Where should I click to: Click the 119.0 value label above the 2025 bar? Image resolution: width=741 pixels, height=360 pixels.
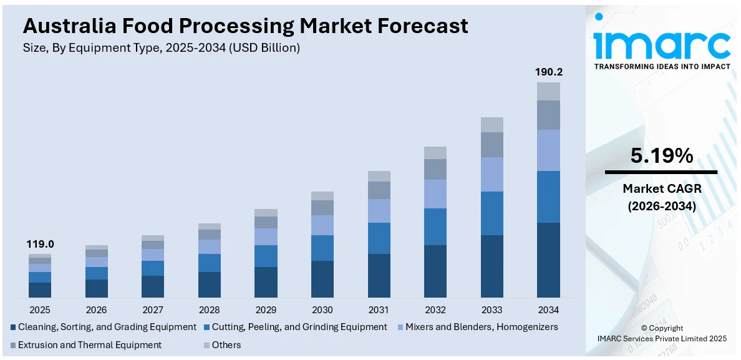click(39, 245)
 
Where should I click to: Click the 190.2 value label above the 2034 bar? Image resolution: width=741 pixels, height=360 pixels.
click(548, 72)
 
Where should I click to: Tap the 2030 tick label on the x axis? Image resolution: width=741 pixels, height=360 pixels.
click(322, 309)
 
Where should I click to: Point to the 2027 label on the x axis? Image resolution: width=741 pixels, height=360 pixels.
click(153, 309)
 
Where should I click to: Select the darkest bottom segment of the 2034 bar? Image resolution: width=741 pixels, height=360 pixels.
click(548, 260)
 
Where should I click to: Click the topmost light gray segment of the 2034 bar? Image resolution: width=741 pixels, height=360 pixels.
click(548, 91)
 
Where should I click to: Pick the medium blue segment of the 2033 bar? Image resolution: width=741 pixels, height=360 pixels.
click(492, 213)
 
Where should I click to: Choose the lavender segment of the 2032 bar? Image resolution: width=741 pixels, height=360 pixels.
click(435, 193)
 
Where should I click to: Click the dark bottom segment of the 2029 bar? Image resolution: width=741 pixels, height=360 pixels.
click(266, 282)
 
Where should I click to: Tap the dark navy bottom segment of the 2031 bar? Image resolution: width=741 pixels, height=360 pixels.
click(379, 275)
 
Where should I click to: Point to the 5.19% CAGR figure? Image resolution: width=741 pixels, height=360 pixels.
click(661, 156)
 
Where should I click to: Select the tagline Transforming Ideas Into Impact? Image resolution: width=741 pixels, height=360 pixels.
click(661, 66)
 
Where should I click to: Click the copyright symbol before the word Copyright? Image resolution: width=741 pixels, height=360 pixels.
click(644, 328)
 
